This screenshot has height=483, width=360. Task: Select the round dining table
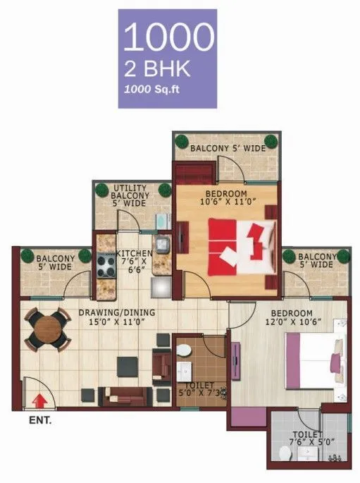pos(48,330)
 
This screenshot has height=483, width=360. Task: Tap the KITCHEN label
pos(132,253)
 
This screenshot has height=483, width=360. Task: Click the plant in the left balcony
pos(28,255)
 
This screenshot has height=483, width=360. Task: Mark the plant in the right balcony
pos(289,256)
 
